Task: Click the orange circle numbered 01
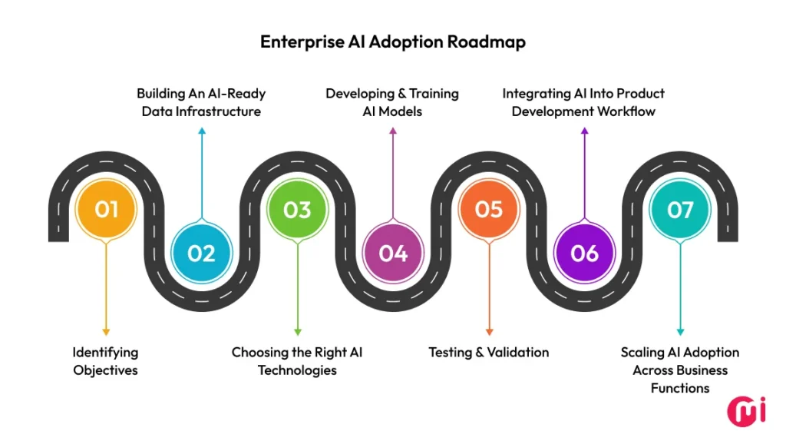(106, 209)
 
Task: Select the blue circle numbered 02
(201, 253)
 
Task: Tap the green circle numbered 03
(297, 209)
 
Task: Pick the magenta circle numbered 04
(393, 253)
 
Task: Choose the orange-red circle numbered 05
(489, 209)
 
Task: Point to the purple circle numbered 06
(584, 253)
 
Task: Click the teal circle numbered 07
(680, 209)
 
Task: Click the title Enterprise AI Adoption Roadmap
(393, 41)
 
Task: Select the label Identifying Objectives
(106, 361)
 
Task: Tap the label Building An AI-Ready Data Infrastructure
(201, 102)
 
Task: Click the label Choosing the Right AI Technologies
(297, 361)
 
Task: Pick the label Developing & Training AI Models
(392, 102)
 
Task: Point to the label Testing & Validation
(489, 353)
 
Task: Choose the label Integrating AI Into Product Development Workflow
(583, 102)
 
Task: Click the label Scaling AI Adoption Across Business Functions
(680, 370)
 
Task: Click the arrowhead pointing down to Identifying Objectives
(106, 332)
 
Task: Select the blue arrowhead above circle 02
(201, 131)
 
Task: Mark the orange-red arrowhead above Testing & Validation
(489, 332)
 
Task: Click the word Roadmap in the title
(489, 41)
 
